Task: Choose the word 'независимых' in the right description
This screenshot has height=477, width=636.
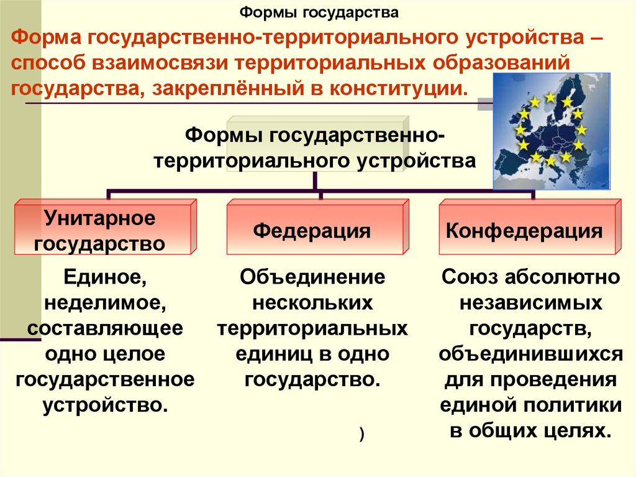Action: click(x=530, y=303)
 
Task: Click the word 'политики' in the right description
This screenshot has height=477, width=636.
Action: click(x=574, y=405)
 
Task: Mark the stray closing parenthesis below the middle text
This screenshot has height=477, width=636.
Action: click(x=361, y=435)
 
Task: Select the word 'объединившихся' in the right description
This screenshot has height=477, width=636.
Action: click(x=530, y=354)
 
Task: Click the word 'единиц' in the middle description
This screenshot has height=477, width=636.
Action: click(x=272, y=354)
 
